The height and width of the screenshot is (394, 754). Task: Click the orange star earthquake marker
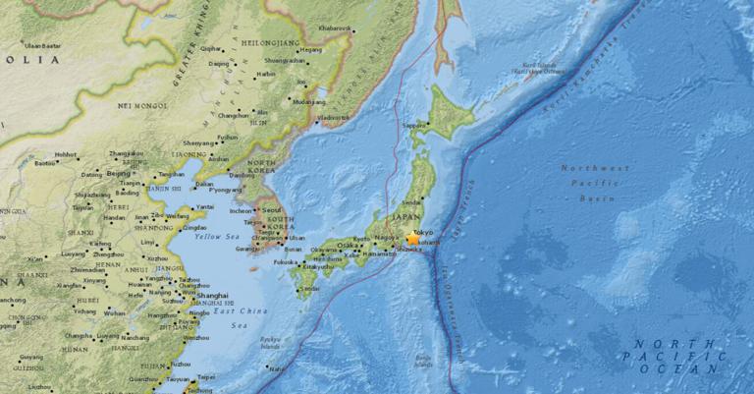pos(412,239)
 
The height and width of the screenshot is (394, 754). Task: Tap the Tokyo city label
pos(423,232)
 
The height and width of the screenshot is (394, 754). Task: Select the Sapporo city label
pos(414,126)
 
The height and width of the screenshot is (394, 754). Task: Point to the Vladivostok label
pos(335,117)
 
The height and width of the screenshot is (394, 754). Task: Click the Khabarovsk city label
pos(334,28)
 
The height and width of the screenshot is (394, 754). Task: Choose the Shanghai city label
pos(212,295)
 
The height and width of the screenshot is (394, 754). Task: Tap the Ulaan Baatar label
pos(41,45)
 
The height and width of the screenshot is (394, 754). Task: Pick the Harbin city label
pos(265,74)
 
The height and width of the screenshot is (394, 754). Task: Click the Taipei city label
pos(205,375)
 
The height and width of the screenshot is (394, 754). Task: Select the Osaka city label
pos(347,246)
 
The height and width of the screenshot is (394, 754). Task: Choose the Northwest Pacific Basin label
pos(595,183)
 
